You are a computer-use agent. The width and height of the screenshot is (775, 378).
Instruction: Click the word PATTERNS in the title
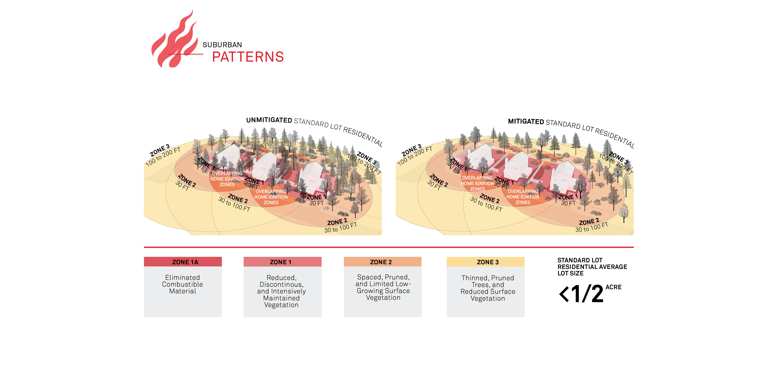pos(248,57)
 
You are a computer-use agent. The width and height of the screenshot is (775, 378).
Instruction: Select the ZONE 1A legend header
pos(183,262)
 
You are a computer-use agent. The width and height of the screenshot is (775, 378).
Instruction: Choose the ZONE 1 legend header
pos(282,262)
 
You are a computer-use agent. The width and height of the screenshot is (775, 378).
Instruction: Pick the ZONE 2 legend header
pos(382,262)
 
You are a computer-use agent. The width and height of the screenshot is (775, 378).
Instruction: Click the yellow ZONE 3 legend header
pos(485,262)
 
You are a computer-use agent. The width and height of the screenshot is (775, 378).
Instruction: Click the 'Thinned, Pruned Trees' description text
pos(488,288)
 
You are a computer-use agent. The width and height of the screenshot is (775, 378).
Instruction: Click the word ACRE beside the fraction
pos(613,287)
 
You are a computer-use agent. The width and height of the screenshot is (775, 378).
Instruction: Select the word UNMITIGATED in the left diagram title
pos(269,120)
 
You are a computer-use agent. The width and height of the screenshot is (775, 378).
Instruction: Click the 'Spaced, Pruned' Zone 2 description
pos(383,287)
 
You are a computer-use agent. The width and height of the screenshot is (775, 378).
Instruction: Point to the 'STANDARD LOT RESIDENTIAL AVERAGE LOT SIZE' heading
pos(592,267)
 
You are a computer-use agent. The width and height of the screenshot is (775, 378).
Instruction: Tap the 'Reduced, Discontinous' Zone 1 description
pos(281,291)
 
